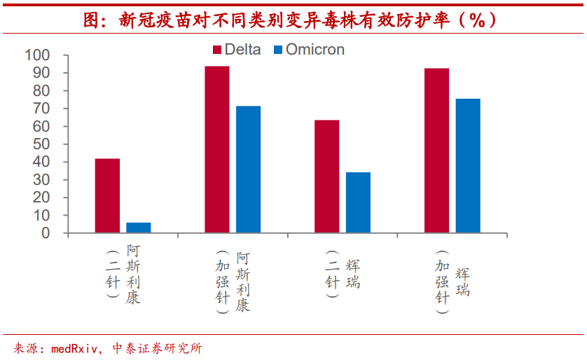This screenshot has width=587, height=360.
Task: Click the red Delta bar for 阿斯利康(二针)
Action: pyautogui.click(x=107, y=195)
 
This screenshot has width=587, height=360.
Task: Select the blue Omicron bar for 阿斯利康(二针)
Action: pyautogui.click(x=139, y=228)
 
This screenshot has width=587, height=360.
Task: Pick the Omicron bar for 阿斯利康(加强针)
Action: pyautogui.click(x=248, y=169)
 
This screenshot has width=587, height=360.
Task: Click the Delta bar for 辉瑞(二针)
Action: pyautogui.click(x=326, y=176)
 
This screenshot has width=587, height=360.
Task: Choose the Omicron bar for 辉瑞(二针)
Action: pyautogui.click(x=358, y=202)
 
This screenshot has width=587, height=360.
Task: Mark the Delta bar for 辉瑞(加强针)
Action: pyautogui.click(x=436, y=151)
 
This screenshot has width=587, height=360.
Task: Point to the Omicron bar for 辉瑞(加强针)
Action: pyautogui.click(x=468, y=166)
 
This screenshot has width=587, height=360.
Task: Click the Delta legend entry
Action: pyautogui.click(x=237, y=50)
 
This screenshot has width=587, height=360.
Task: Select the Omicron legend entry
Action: pyautogui.click(x=308, y=50)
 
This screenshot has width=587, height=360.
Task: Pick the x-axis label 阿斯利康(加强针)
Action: pyautogui.click(x=233, y=282)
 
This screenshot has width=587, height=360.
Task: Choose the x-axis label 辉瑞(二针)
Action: pyautogui.click(x=343, y=274)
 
